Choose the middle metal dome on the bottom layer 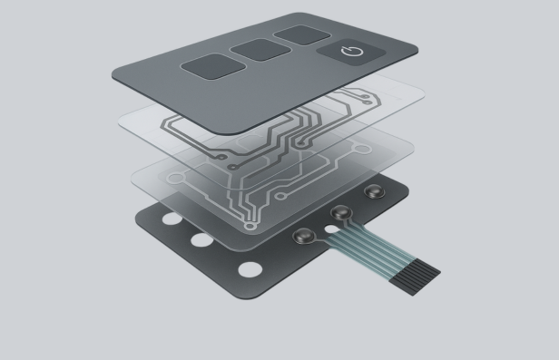341,213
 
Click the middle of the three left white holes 199,241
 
